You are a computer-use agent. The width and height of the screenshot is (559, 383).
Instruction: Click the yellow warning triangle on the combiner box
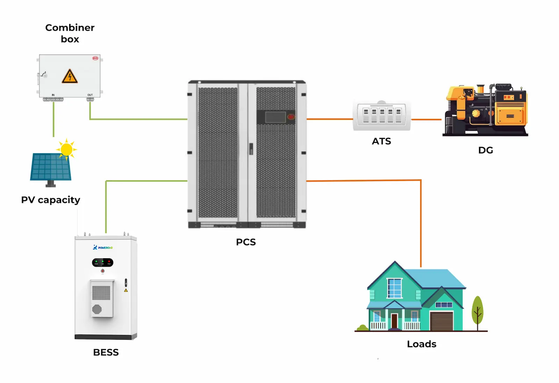[x=70, y=77]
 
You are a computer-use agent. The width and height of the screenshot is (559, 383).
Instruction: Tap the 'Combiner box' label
[x=70, y=33]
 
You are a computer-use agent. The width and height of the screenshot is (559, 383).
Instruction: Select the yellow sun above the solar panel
[x=66, y=149]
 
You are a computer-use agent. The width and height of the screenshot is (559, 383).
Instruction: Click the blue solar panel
[x=51, y=167]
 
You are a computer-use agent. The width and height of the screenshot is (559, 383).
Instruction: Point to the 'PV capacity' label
[x=51, y=200]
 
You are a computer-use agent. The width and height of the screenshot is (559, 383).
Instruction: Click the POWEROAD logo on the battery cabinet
[x=103, y=247]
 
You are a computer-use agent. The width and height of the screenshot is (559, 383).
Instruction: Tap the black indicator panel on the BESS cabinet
[x=103, y=262]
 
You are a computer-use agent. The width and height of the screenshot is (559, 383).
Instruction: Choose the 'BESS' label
[x=106, y=352]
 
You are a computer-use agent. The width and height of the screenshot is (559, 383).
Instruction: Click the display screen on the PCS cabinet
[x=275, y=117]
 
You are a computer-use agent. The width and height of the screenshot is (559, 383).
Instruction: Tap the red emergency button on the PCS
[x=291, y=117]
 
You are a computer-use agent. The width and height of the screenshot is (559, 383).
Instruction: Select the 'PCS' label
[x=246, y=242]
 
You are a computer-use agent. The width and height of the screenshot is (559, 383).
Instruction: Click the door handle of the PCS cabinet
[x=251, y=149]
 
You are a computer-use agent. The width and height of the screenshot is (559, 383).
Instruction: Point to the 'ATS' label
[x=381, y=141]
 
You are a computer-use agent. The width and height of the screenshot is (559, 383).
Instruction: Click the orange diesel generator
[x=486, y=110]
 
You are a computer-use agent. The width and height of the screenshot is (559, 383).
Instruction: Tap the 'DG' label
[x=486, y=150]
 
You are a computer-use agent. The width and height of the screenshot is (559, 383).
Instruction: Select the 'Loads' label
[x=422, y=344]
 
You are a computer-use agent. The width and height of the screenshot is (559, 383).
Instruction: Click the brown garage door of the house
[x=442, y=321]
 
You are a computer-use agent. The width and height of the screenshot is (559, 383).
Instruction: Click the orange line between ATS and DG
[x=426, y=120]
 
